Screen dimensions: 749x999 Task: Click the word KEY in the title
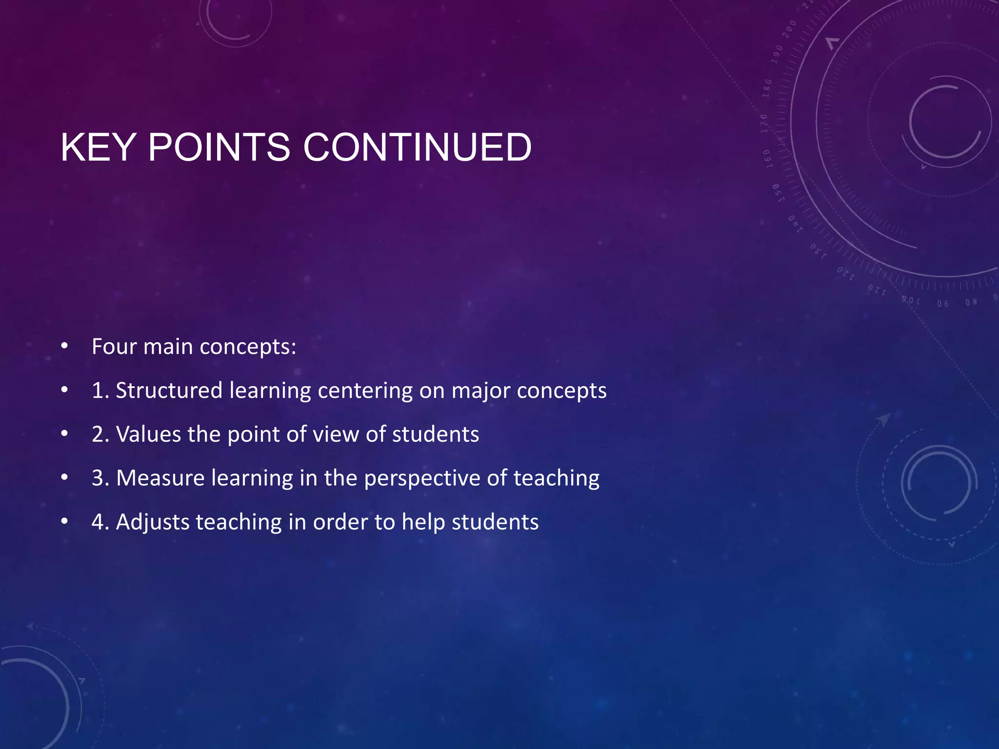[98, 147]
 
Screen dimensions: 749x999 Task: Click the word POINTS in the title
[219, 147]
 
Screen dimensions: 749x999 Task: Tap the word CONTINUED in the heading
[417, 147]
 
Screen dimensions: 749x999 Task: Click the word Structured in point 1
[169, 391]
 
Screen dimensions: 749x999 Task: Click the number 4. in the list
[100, 522]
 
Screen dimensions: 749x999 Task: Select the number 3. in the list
[100, 478]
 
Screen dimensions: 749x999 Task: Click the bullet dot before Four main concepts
[64, 347]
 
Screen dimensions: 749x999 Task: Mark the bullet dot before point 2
[64, 434]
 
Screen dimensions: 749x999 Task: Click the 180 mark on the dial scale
[768, 88]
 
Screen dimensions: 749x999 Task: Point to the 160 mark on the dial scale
[767, 158]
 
